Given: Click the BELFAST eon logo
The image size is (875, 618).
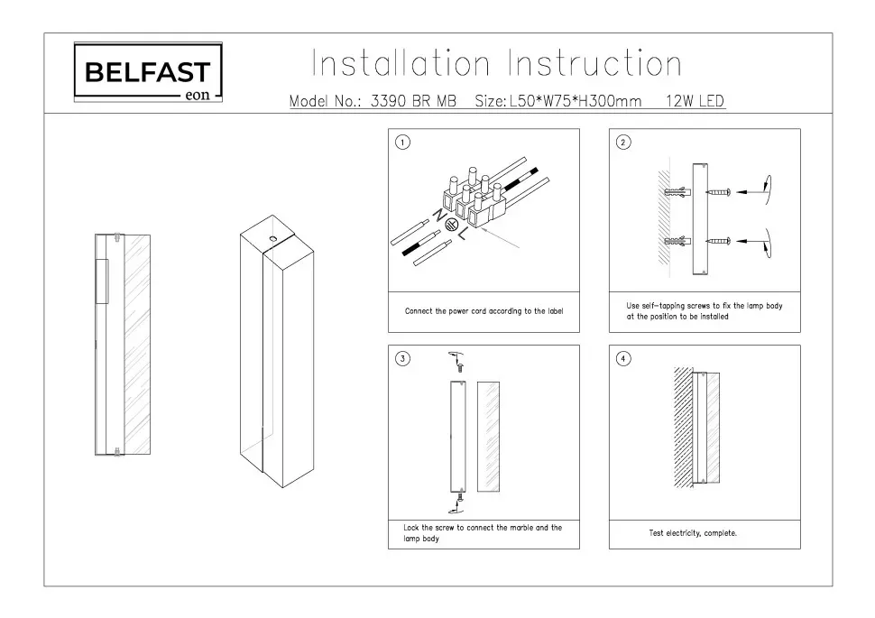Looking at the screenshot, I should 147,74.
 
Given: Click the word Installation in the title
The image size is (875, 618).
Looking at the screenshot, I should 401,65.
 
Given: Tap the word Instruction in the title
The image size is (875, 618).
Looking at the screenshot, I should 595,65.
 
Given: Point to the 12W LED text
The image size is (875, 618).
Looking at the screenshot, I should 695,102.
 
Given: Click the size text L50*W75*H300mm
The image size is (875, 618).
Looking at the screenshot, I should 576,102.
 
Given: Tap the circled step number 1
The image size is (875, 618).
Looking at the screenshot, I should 403,143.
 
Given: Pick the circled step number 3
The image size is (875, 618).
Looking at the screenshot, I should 403,359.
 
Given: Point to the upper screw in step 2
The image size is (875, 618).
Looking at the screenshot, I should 718,191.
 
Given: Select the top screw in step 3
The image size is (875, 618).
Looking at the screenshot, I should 458,367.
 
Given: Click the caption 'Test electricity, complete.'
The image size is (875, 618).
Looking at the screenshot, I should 693,533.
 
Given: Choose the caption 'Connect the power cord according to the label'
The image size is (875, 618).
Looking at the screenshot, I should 484,311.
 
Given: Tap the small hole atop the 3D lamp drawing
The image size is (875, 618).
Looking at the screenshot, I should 272,238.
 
